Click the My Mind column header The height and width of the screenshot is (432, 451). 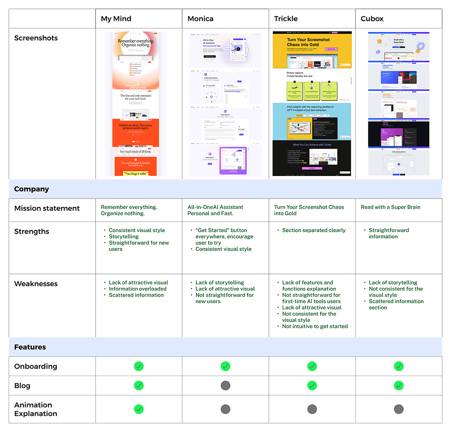(x=116, y=19)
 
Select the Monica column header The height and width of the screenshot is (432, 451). (x=200, y=19)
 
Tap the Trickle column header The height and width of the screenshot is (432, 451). (x=286, y=19)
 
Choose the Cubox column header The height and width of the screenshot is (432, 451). (x=372, y=19)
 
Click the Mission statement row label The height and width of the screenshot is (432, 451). (x=47, y=208)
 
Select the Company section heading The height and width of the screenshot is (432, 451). (x=32, y=189)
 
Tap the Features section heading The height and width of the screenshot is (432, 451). (x=30, y=347)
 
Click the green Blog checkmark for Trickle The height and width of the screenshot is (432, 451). (x=312, y=386)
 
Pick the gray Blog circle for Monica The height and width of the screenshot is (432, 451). (x=225, y=386)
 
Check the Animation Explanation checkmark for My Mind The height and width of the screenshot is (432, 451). (x=139, y=409)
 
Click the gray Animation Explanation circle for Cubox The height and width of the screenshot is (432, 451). (x=399, y=409)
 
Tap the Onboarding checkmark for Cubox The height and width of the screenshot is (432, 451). (x=399, y=367)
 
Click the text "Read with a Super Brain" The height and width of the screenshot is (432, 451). (x=390, y=207)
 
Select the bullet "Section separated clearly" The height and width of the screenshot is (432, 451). (x=314, y=230)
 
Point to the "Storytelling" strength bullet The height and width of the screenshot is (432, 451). (x=124, y=236)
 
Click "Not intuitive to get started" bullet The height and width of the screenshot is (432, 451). (x=315, y=327)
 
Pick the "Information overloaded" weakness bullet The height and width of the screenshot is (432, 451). (x=137, y=289)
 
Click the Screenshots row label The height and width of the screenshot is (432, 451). (x=36, y=38)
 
